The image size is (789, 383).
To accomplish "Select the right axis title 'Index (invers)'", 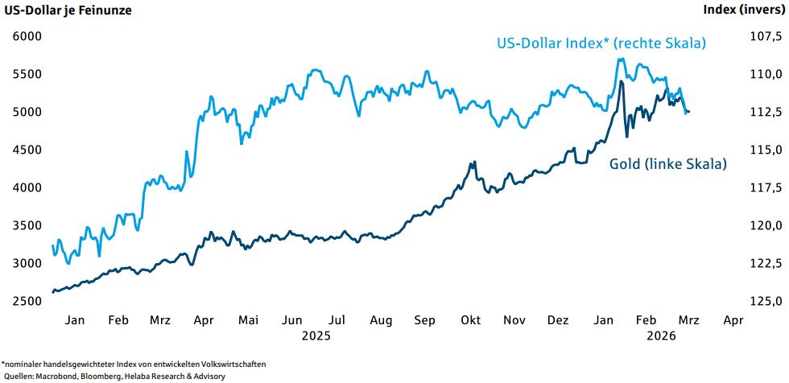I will tap(743, 10).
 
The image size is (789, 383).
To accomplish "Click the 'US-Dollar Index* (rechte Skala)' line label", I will tap(600, 43).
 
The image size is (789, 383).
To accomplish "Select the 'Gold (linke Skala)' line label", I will tap(667, 164).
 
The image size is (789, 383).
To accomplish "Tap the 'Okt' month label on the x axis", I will tap(470, 320).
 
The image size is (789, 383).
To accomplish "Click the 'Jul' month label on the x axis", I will tap(338, 320).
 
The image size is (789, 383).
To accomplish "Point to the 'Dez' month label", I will tap(557, 320).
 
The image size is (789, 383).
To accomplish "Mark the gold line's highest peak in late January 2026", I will tap(622, 82).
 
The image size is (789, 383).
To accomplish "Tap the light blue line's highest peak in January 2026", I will tap(621, 59).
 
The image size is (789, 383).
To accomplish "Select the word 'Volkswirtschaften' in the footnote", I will tap(227, 364).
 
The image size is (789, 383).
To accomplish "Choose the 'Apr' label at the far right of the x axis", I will tap(733, 320).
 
